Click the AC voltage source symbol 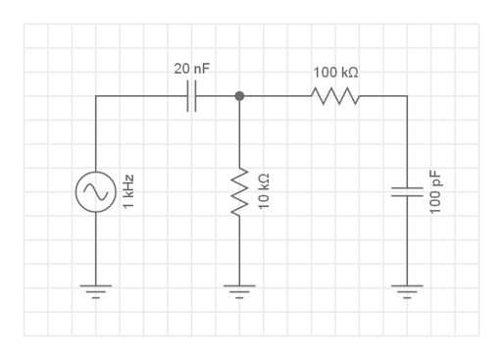tap(96, 192)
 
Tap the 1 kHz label tap(126, 192)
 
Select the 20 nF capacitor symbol tap(192, 96)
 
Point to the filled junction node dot tap(239, 96)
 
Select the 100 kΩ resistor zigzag tap(335, 96)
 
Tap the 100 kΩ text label tap(336, 73)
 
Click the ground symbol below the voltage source tap(96, 291)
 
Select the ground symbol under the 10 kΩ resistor tap(239, 291)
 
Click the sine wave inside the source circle tap(96, 192)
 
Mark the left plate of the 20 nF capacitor tap(188, 96)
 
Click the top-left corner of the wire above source tap(96, 96)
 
